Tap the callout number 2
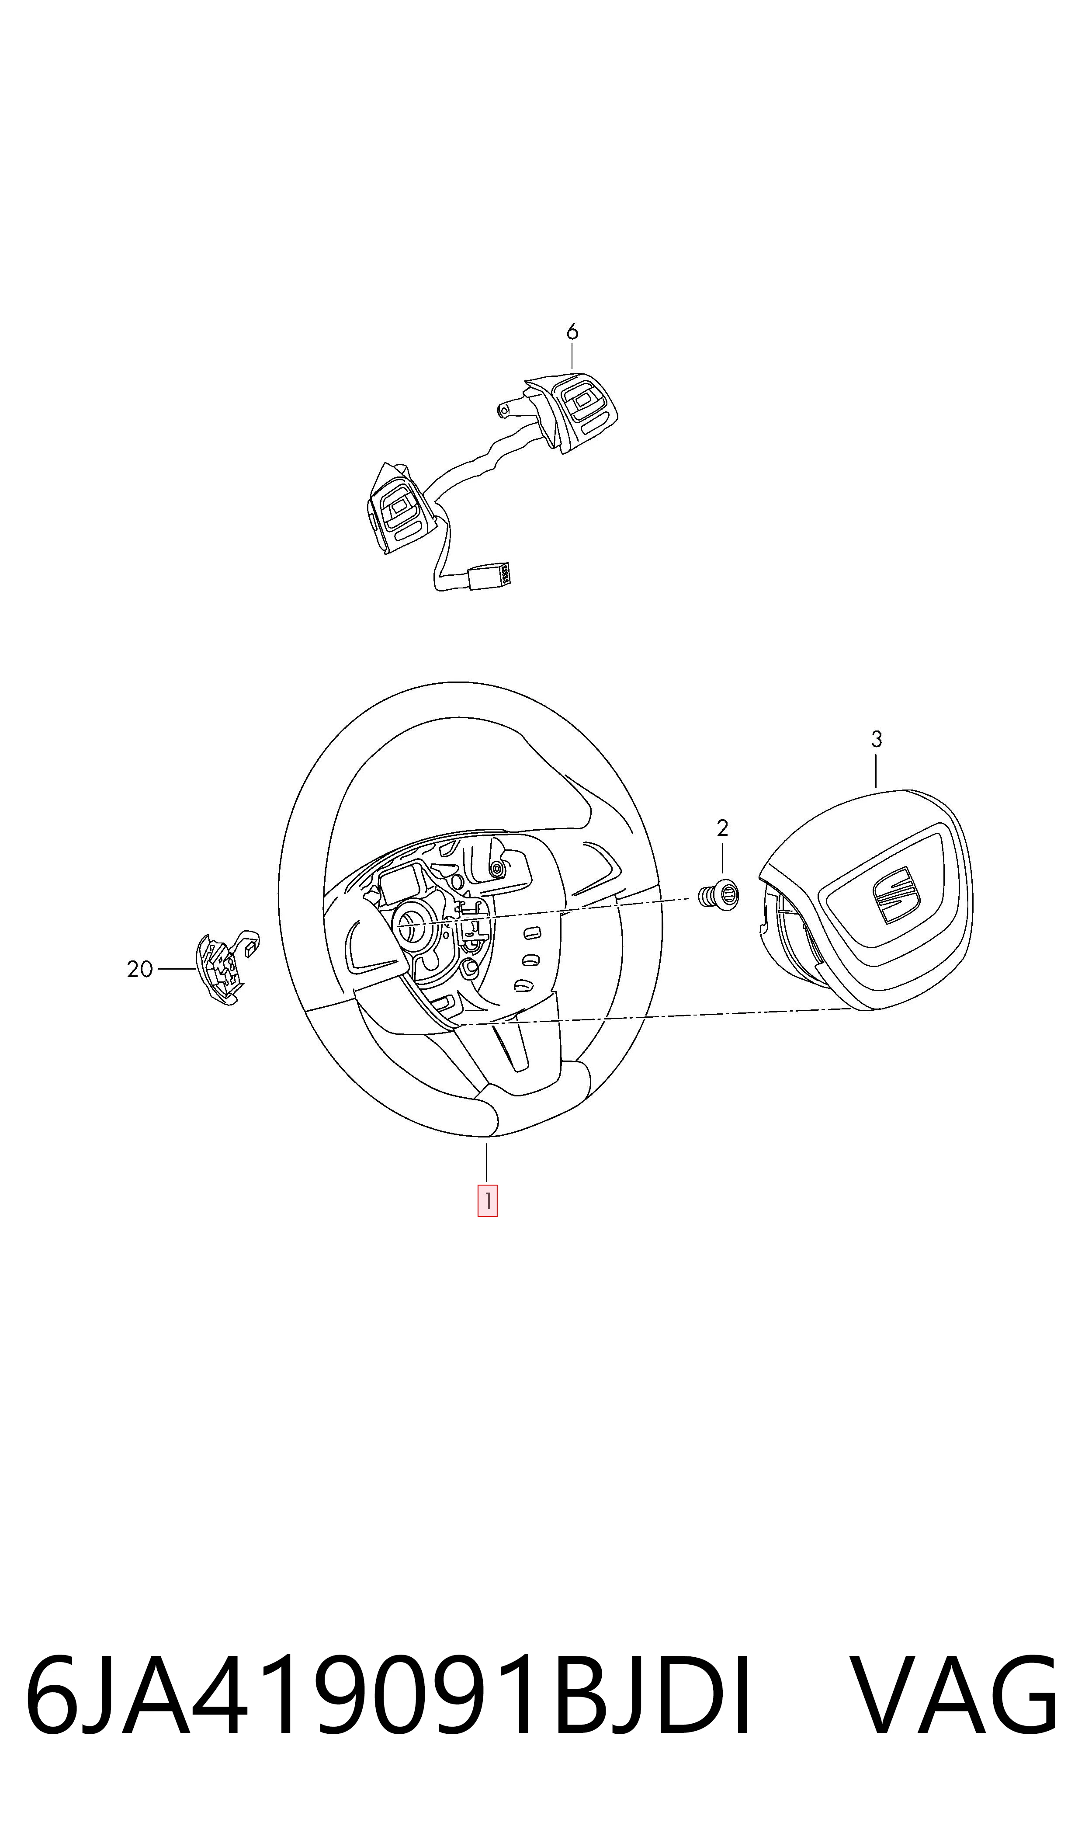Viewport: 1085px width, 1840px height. [x=722, y=828]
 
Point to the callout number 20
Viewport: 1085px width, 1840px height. [x=140, y=970]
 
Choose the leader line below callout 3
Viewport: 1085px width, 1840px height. [x=876, y=771]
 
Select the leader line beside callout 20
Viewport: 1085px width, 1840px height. [x=178, y=969]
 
